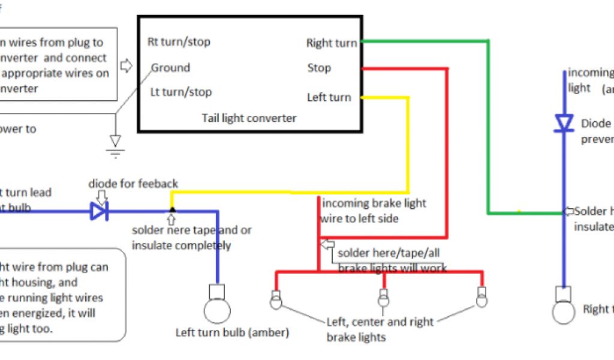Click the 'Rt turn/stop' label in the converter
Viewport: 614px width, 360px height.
[179, 42]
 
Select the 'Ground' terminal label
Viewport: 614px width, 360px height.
[170, 68]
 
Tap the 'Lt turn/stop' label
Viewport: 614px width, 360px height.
[180, 92]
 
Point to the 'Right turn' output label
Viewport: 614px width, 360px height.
[331, 43]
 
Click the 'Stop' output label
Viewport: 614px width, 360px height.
[319, 68]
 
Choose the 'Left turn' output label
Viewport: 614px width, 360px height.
[329, 97]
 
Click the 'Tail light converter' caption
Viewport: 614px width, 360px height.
[249, 118]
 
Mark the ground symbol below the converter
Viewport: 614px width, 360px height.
[115, 144]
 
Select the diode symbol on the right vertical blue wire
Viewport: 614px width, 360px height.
[563, 123]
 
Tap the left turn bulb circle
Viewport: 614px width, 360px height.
[216, 311]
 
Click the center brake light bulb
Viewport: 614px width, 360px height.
[383, 298]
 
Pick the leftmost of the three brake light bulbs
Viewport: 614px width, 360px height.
[276, 299]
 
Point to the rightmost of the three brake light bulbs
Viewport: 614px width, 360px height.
[481, 298]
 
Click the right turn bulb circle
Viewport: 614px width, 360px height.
[564, 311]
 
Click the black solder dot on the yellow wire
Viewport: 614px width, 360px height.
[172, 210]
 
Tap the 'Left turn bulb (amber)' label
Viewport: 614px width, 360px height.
[232, 332]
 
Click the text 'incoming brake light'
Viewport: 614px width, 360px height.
[374, 203]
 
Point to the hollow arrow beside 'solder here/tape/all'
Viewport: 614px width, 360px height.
[327, 244]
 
